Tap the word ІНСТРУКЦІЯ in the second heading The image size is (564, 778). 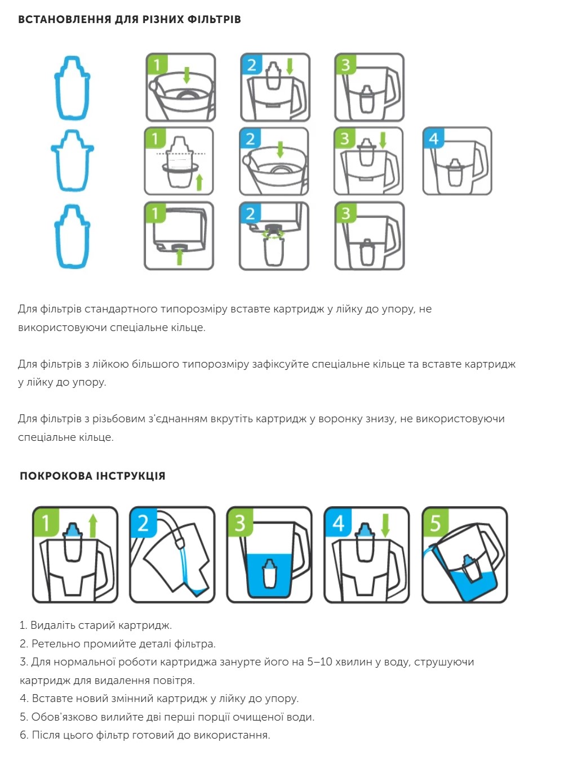tap(130, 476)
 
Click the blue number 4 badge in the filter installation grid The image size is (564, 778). tap(433, 138)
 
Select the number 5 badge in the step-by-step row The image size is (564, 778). tap(435, 523)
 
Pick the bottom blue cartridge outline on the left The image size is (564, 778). tap(72, 236)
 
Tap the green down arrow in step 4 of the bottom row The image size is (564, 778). tap(385, 525)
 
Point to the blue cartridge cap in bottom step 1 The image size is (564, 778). tap(72, 529)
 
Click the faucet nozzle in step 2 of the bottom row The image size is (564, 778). tap(179, 542)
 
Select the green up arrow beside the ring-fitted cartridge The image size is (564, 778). tap(199, 182)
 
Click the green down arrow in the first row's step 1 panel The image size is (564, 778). tap(186, 75)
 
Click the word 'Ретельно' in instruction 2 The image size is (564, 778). tap(56, 643)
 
